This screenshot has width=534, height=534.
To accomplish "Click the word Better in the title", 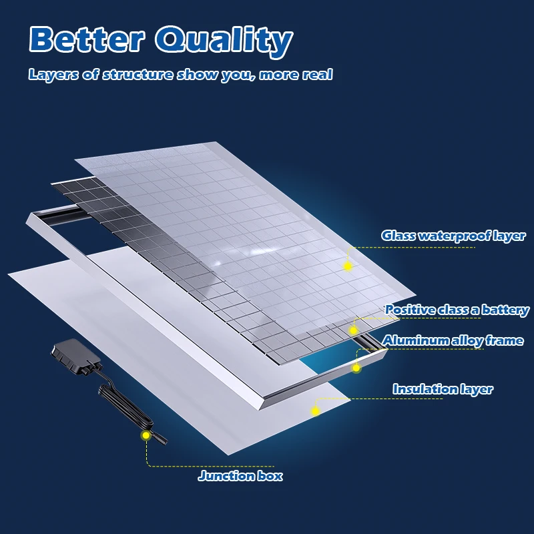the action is pos(87,39).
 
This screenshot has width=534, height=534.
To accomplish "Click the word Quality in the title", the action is pos(224,41).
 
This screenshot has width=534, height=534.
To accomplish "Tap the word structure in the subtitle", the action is pos(138,74).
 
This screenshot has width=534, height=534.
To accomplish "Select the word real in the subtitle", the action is pos(318,74).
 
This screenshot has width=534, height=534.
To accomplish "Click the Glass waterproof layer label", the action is pos(453,236).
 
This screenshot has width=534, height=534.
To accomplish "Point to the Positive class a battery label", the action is pos(457,310).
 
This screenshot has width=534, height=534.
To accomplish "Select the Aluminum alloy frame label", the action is pos(453,340).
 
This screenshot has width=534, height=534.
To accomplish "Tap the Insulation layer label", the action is pos(443,389).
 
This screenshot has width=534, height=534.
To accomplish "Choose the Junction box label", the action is pos(240,475).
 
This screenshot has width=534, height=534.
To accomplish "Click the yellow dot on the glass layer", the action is pos(347,266).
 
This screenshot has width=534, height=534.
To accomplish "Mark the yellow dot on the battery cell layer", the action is pos(353,330).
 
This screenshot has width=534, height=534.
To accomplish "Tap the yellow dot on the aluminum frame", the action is pos(356,368).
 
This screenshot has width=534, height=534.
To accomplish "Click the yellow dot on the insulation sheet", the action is pos(315,411).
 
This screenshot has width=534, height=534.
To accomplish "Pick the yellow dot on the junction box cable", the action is pos(146,435).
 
